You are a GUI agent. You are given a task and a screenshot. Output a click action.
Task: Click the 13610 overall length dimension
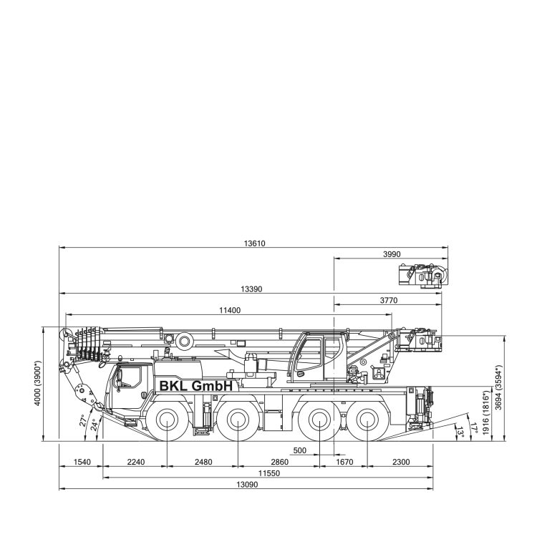tap(254, 243)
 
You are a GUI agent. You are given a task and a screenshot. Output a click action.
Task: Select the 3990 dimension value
tap(392, 254)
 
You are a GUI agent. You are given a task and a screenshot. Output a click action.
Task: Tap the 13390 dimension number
tap(251, 289)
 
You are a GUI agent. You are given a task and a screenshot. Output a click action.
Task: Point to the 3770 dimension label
tap(389, 301)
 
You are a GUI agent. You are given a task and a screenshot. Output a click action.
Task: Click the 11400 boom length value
tap(230, 311)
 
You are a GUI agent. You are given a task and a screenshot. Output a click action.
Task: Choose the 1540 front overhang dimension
tap(82, 463)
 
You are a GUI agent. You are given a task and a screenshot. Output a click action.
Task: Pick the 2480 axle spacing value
tap(203, 463)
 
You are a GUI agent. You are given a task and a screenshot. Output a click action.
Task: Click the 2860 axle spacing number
tap(280, 463)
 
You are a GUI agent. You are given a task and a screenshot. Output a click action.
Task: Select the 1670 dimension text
tap(344, 463)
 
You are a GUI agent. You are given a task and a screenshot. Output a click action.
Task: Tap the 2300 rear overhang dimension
tap(401, 463)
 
